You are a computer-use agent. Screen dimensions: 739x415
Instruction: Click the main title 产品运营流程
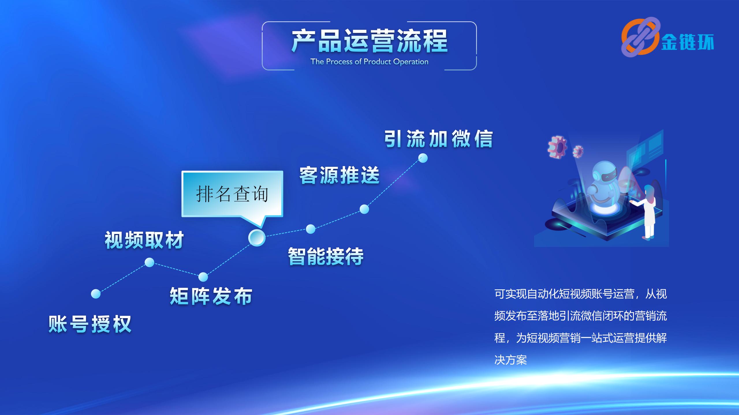[x=369, y=41]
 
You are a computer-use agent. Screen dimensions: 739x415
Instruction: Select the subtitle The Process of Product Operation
[x=369, y=62]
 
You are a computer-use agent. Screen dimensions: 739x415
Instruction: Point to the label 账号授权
[x=90, y=324]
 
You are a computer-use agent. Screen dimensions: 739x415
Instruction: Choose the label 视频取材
[x=144, y=240]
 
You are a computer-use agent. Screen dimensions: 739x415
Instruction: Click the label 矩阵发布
[x=211, y=296]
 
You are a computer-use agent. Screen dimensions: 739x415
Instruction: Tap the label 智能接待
[x=326, y=256]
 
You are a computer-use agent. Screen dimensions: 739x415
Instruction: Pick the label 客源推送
[x=339, y=175]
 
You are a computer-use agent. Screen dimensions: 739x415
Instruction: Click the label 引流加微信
[x=438, y=139]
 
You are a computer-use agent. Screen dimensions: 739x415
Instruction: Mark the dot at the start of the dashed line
[x=96, y=294]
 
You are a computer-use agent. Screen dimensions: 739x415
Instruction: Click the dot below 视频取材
[x=149, y=262]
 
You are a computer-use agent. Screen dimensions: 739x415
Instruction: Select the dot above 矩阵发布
[x=203, y=277]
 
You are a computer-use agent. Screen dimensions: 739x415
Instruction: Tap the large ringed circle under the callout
[x=257, y=238]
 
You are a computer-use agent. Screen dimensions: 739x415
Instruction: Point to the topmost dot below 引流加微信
[x=423, y=158]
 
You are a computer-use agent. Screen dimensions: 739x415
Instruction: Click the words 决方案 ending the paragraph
[x=511, y=360]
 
